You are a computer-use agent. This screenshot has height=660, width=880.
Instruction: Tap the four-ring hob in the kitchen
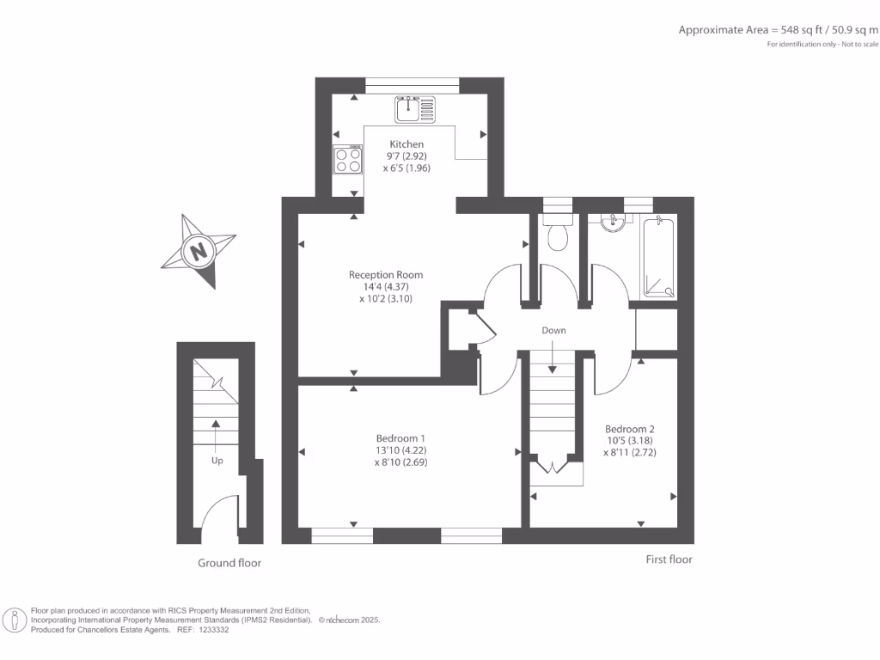click(348, 160)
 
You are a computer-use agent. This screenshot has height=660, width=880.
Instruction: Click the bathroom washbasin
click(614, 223)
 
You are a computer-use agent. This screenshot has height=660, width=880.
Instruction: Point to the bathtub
click(659, 257)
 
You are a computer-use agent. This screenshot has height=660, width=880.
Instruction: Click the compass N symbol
click(200, 252)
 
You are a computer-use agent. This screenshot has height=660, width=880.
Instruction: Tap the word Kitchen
click(406, 144)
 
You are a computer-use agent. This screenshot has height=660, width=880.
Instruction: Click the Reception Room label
click(386, 275)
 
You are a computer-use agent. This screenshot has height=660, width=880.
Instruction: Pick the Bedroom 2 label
click(630, 429)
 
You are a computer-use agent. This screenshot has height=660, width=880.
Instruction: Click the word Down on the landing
click(553, 330)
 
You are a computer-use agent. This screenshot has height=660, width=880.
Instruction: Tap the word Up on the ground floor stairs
click(217, 461)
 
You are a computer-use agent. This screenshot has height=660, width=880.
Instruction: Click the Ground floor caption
click(229, 563)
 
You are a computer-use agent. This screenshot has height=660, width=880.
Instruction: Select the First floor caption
click(669, 559)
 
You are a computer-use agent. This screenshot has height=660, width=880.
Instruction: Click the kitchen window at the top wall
click(412, 85)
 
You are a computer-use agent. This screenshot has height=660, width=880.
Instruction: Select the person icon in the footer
click(15, 620)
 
